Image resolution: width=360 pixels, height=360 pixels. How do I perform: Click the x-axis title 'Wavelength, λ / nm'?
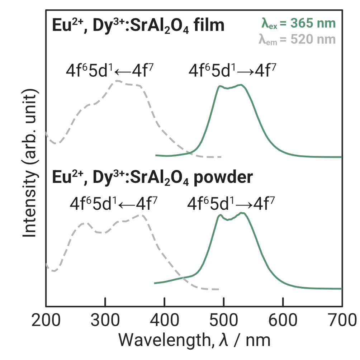pos(194,339)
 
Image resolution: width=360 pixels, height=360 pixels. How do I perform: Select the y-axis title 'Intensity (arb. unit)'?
pos(30,163)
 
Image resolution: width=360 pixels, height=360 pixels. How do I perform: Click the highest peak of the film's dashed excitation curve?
pos(117,81)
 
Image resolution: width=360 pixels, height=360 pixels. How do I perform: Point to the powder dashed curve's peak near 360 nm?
pos(141,215)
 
